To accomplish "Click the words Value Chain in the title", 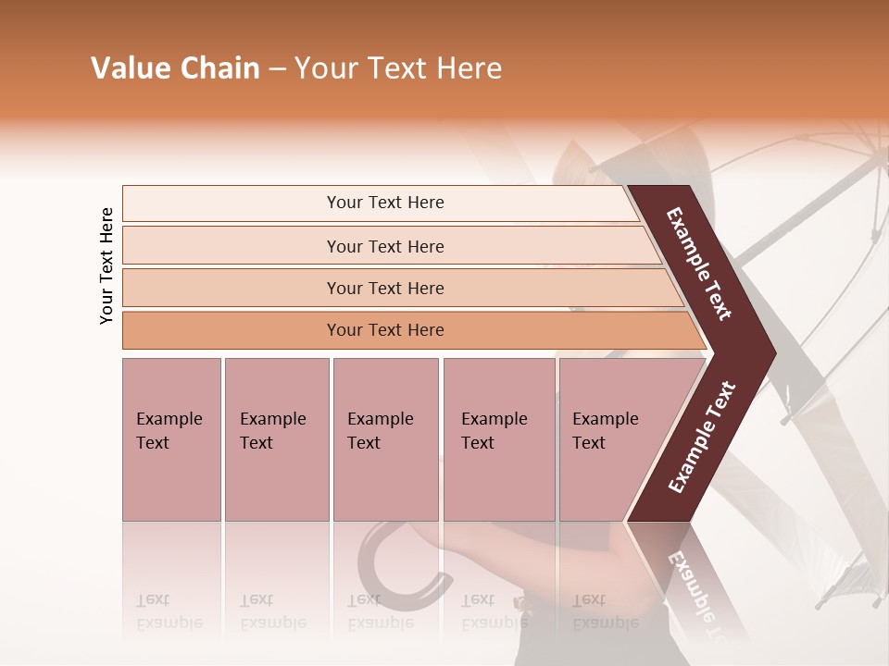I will point(175,68).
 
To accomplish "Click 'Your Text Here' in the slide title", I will point(398,68).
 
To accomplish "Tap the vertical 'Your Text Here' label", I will point(107,265).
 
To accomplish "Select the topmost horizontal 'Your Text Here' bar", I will point(384,203).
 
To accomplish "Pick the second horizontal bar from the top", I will point(384,246).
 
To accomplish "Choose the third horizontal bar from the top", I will point(384,288).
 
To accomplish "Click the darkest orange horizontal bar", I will point(384,330).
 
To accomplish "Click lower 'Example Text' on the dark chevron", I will point(702,437).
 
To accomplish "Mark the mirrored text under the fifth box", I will point(604,611).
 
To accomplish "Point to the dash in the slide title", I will point(277,69).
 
